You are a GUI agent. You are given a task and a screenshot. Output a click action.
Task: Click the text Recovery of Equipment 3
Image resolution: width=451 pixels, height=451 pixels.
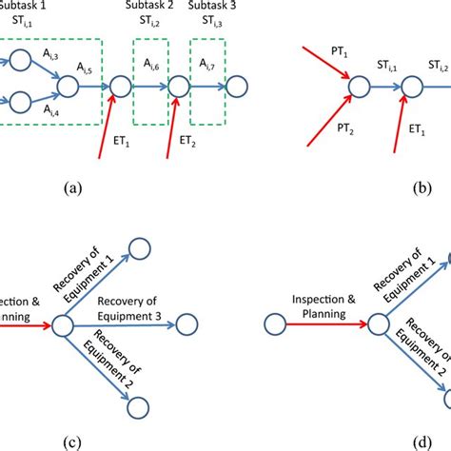pyautogui.click(x=143, y=308)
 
